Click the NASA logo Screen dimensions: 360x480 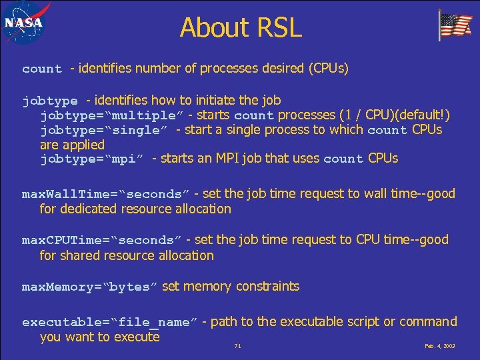tap(23, 23)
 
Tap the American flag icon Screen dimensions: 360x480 tap(455, 25)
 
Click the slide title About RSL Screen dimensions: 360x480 tap(240, 28)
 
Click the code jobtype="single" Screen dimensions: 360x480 tap(103, 130)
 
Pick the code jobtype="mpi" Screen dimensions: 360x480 tap(93, 159)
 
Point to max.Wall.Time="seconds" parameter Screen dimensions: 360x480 tap(105, 195)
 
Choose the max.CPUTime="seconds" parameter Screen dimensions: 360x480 tap(101, 240)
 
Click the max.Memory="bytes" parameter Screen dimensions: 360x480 tap(89, 287)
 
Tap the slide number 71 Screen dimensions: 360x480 tap(237, 347)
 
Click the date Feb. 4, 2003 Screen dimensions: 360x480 tap(439, 347)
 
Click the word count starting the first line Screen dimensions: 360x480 tap(42, 69)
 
